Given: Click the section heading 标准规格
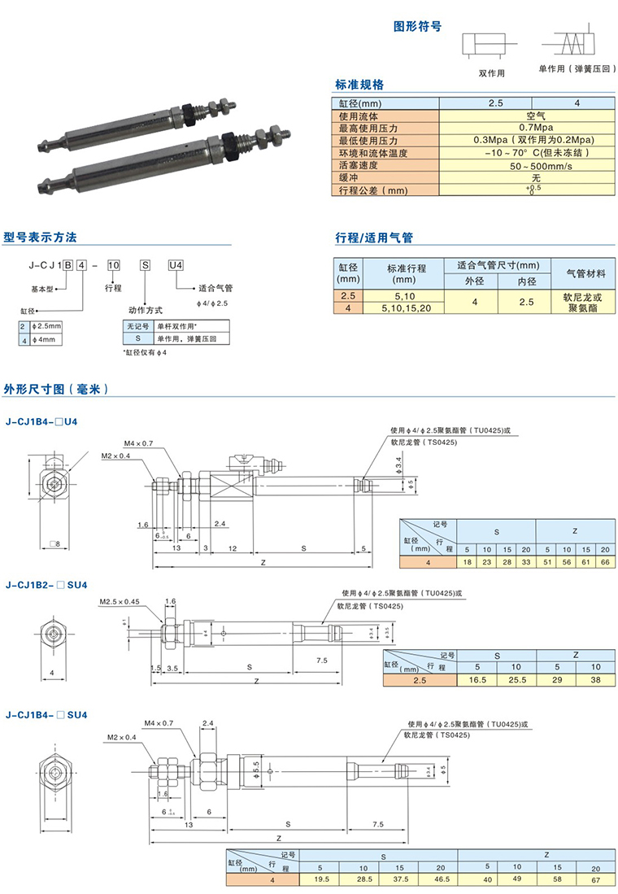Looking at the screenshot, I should click(x=359, y=85).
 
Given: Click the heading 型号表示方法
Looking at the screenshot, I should click(x=41, y=238).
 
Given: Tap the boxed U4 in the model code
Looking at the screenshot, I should click(x=176, y=264).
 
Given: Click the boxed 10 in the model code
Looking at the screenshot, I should click(x=115, y=264).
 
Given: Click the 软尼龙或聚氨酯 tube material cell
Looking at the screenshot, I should click(x=584, y=303).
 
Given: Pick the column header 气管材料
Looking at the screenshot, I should click(x=584, y=273).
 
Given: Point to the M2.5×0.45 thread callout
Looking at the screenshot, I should click(x=120, y=601).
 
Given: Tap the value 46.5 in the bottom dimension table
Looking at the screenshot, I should click(x=439, y=879).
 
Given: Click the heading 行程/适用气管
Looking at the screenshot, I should click(x=374, y=238).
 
